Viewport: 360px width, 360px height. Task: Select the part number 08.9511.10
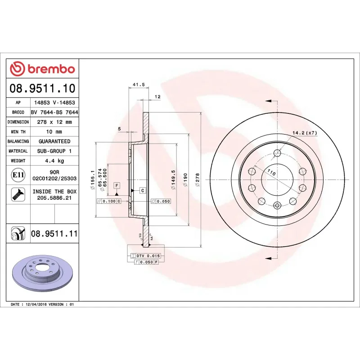42,88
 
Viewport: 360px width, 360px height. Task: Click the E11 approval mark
18,175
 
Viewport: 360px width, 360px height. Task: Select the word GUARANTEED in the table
54,141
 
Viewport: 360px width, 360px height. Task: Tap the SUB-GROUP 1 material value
54,151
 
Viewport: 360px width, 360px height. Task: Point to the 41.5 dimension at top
139,85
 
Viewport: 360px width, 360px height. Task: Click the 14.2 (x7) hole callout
305,133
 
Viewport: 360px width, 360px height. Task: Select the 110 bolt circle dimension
271,172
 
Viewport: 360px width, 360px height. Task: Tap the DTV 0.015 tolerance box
148,256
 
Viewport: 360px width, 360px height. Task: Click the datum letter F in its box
117,185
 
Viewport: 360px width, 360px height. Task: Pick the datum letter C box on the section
142,190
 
